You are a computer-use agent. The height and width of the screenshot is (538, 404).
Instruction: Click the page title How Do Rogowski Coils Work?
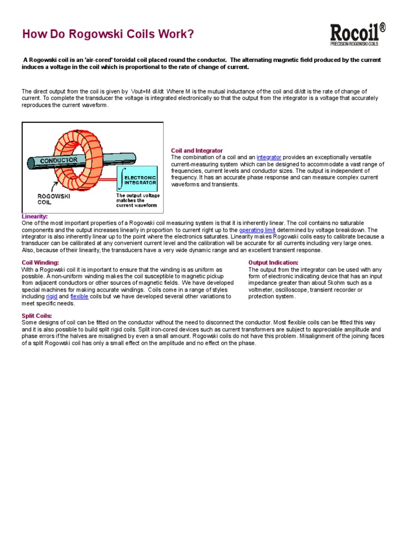point(108,35)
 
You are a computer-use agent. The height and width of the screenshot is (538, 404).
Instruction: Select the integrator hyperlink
point(269,157)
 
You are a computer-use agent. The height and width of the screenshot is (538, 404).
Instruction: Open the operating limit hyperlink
point(257,230)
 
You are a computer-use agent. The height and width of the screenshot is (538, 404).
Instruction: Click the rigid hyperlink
point(52,296)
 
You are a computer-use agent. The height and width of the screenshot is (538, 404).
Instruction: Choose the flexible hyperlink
point(79,296)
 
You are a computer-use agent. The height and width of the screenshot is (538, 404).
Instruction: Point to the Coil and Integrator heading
point(197,150)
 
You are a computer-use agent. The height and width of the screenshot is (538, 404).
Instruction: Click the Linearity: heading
point(35,216)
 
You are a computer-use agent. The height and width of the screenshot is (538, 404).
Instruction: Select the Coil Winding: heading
point(40,262)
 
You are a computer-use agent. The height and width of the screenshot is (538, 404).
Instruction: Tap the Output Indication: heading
point(273,262)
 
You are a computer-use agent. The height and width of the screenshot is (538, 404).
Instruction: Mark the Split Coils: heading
point(36,315)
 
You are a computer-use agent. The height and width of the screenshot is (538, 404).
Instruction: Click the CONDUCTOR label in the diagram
point(59,160)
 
